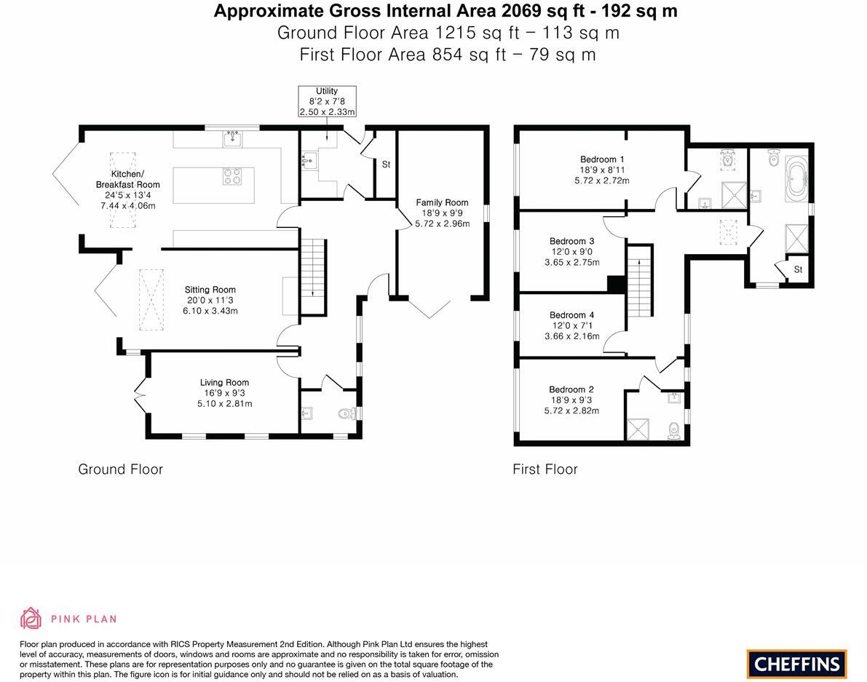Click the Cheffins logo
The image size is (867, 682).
(x=796, y=664)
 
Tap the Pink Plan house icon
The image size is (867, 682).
(x=31, y=618)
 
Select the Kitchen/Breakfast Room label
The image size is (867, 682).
(x=127, y=179)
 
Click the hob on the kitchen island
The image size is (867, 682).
(x=231, y=177)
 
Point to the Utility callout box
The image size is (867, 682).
(x=327, y=102)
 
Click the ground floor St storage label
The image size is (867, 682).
(x=386, y=164)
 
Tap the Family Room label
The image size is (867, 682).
(x=442, y=202)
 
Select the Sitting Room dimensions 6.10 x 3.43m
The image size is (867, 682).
(x=210, y=311)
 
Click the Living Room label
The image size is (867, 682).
(x=224, y=382)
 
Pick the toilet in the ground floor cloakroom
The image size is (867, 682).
(x=347, y=414)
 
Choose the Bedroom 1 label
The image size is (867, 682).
(x=601, y=159)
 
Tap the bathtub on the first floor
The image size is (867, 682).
(x=796, y=177)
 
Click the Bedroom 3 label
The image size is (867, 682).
(x=571, y=241)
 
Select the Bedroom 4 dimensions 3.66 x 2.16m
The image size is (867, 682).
(x=571, y=336)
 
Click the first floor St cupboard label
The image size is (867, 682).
(x=798, y=269)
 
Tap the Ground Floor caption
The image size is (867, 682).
(x=120, y=469)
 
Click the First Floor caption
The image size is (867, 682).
(x=545, y=469)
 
